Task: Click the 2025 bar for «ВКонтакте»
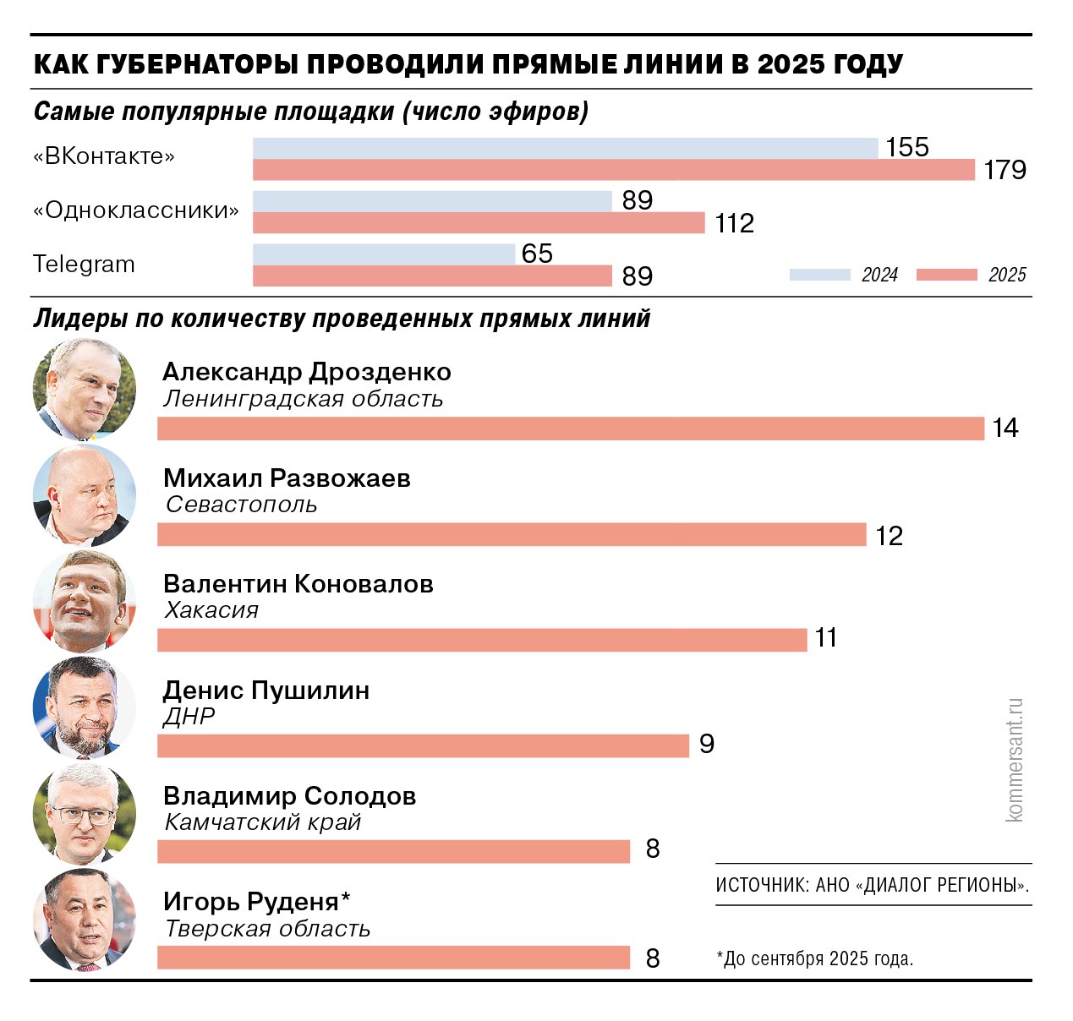tap(614, 170)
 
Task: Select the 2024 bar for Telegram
tap(383, 254)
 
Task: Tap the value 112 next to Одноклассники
tap(734, 223)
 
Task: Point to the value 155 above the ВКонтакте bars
tap(906, 147)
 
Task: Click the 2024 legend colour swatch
tap(819, 275)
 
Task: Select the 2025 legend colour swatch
tap(946, 275)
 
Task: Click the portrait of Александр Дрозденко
tap(85, 390)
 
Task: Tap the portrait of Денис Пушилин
tap(85, 707)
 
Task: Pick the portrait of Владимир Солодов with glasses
tap(85, 813)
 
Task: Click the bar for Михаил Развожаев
tap(512, 534)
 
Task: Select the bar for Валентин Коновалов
tap(482, 640)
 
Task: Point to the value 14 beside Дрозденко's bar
tap(1005, 429)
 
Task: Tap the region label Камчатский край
tap(263, 822)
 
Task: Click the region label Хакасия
tap(211, 610)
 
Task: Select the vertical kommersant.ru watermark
tap(1015, 760)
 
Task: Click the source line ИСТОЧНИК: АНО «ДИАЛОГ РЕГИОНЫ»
tap(873, 885)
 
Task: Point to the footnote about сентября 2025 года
tap(815, 958)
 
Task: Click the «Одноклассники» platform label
tap(136, 210)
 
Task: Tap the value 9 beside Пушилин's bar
tap(707, 744)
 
